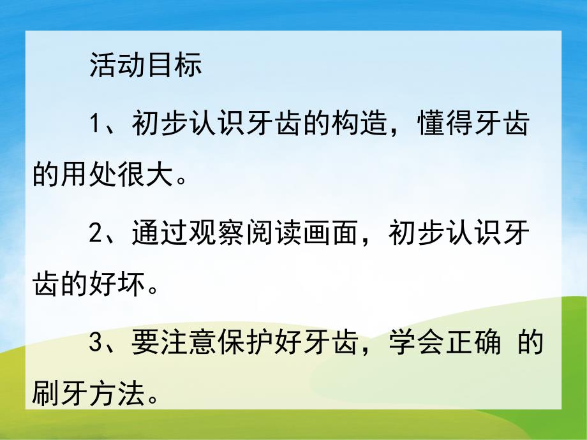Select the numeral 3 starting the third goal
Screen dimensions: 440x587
coord(96,344)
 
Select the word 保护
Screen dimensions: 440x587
coord(246,344)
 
